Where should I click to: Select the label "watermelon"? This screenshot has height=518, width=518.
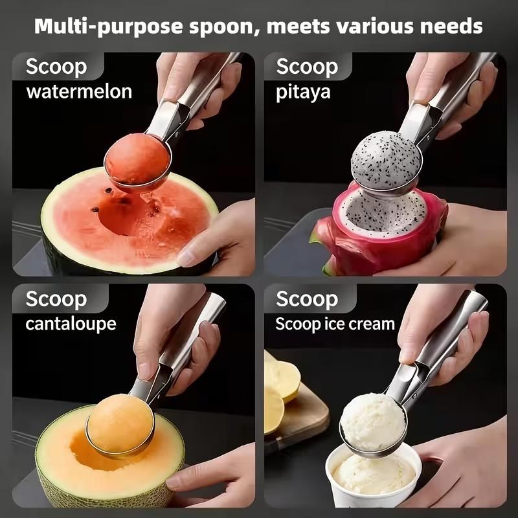click(x=79, y=91)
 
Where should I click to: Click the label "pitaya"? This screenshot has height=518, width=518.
click(x=303, y=91)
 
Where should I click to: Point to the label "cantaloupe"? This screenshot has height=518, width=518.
click(x=71, y=322)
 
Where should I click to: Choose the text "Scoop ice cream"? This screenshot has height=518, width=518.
click(x=335, y=323)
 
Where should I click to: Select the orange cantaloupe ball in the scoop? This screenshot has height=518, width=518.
click(x=120, y=424)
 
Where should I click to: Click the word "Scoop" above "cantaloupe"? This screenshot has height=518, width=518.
click(x=56, y=298)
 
